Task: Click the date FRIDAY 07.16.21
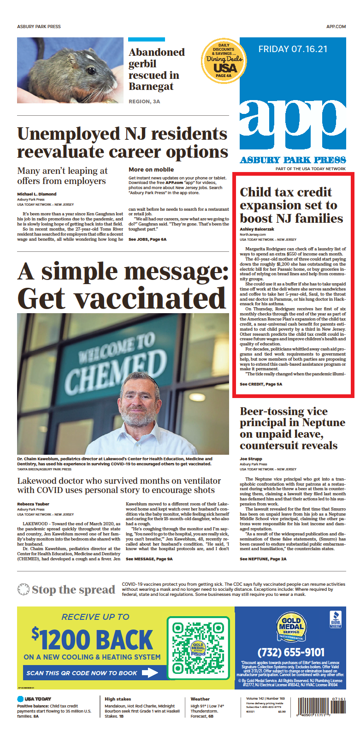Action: (x=293, y=49)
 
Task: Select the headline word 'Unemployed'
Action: (x=69, y=134)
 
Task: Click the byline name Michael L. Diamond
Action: (x=37, y=194)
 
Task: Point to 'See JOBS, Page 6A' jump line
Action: (x=148, y=239)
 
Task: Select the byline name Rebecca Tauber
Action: (x=33, y=504)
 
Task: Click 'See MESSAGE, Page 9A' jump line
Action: (x=149, y=559)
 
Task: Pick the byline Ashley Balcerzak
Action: (x=257, y=229)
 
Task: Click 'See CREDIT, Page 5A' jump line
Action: (x=261, y=384)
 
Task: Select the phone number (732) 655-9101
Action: (x=290, y=652)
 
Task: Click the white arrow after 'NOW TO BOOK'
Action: (x=150, y=673)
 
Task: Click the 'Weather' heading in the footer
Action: (x=200, y=699)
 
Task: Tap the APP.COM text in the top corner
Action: (x=336, y=27)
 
